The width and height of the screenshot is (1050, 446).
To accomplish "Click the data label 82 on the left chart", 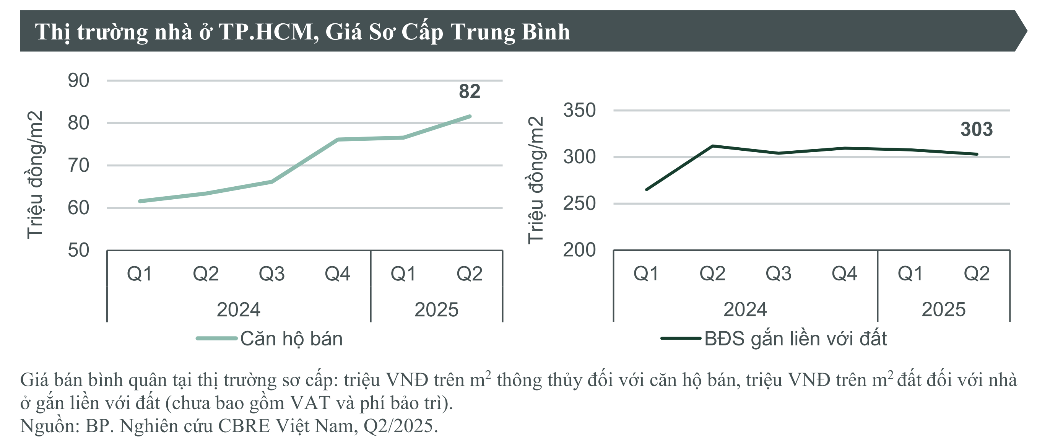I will click(x=470, y=91).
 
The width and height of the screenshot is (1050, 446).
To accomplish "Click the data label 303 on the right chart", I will click(x=976, y=129).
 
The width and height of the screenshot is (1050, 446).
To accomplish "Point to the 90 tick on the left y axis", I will click(x=78, y=81).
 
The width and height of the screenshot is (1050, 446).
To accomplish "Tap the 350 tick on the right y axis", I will click(x=579, y=111).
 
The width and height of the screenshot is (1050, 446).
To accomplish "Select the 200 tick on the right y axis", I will click(x=579, y=250).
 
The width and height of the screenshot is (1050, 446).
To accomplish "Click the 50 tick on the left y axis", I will click(x=78, y=250).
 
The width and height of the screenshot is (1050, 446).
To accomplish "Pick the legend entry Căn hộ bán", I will click(x=291, y=339).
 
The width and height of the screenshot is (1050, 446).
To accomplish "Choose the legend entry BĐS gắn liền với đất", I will click(x=795, y=339).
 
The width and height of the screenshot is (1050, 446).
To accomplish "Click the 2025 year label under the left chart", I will click(x=436, y=310).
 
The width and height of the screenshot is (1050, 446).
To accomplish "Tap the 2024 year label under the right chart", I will click(x=745, y=310).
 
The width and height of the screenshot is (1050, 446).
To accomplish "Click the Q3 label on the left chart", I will click(x=271, y=273).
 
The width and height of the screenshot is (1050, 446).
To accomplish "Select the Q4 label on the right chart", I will click(x=844, y=273).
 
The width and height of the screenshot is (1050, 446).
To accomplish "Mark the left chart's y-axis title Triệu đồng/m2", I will click(x=35, y=174).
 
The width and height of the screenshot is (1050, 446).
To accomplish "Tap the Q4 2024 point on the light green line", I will click(x=338, y=140).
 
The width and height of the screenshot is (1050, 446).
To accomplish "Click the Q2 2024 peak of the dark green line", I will click(x=712, y=145).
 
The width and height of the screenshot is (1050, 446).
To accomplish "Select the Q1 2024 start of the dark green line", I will click(x=647, y=190).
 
